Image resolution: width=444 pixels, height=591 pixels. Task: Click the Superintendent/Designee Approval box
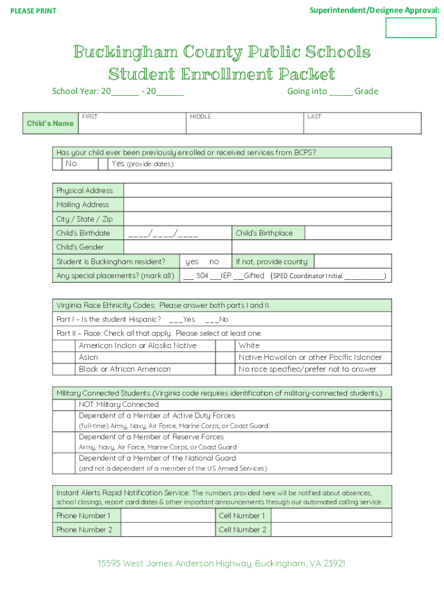tap(411, 28)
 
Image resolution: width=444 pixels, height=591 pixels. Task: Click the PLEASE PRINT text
tap(33, 11)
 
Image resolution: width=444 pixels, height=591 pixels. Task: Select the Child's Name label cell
tap(50, 124)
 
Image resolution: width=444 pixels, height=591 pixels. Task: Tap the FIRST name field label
tap(90, 117)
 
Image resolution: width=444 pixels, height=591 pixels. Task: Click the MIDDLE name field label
tap(201, 117)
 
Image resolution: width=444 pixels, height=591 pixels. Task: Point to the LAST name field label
tap(314, 117)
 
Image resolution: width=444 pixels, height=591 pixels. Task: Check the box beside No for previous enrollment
tap(57, 164)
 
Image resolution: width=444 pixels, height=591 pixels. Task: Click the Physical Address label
tap(85, 190)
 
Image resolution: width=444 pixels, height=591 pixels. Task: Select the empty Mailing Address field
tap(257, 205)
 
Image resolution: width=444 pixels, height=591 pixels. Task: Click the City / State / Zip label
tap(85, 219)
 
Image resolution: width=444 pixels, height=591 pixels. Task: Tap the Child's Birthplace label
tap(264, 233)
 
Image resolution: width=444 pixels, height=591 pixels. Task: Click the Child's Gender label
tap(80, 247)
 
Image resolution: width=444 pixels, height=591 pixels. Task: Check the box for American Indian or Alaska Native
tap(64, 346)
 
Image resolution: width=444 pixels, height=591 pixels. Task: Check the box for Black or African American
tap(64, 369)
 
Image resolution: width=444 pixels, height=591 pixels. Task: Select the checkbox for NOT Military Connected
tap(64, 405)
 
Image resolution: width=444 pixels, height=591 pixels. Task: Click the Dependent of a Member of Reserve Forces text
tap(151, 437)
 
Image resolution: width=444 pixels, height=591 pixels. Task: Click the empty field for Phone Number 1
tap(168, 515)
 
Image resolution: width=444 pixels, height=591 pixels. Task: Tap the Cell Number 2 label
tap(242, 530)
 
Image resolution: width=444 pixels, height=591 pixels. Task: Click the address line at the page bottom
tap(221, 563)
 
